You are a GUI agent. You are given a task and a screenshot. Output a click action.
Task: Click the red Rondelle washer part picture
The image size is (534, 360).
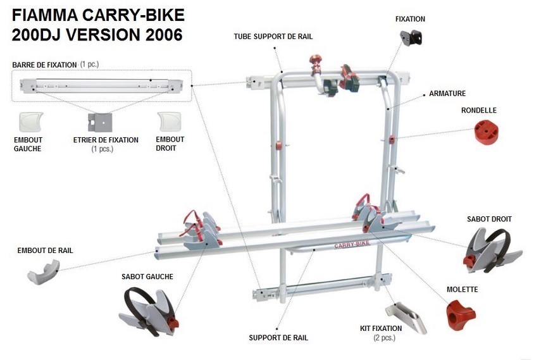486,132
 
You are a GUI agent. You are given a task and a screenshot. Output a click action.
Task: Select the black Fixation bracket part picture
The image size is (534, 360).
411,37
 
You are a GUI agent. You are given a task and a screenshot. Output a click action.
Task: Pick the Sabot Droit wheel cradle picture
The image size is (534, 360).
492,249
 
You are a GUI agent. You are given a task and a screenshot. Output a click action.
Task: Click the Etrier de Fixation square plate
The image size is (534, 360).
100,121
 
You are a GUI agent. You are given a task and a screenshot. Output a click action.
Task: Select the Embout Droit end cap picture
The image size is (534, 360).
169,120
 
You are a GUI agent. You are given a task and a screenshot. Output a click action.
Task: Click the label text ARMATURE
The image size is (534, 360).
447,94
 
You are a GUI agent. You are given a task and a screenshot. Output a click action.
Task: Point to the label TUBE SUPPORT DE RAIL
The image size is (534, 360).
273,37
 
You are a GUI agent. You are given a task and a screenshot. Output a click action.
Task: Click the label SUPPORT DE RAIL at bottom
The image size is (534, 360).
278,338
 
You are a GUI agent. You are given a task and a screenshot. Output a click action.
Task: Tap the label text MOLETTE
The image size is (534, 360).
462,290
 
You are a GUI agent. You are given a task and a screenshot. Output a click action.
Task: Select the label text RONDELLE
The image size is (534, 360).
479,110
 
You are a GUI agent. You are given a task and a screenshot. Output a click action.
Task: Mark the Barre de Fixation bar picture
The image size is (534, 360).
101,84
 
